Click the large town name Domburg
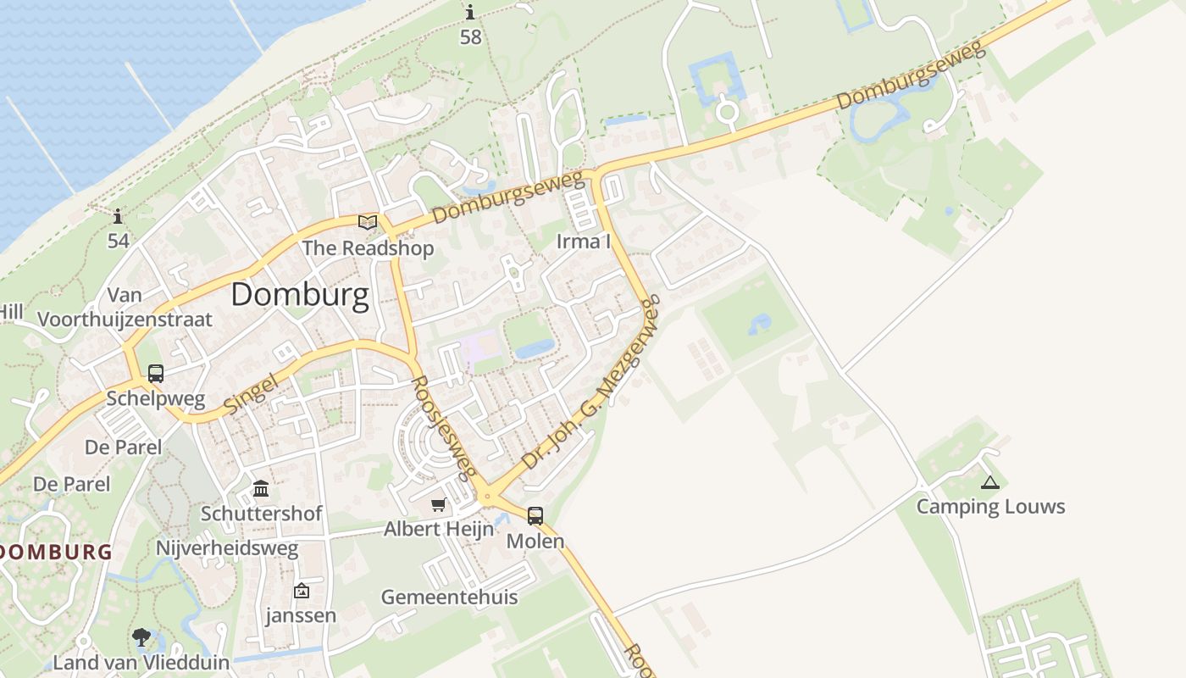[x=300, y=295]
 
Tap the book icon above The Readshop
[x=368, y=223]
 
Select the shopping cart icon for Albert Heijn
[x=438, y=505]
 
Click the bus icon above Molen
[x=535, y=515]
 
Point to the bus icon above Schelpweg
[x=156, y=373]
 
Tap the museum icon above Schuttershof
[x=261, y=489]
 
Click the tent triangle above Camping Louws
[x=989, y=483]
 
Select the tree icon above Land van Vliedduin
[x=141, y=637]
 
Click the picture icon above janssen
[x=301, y=591]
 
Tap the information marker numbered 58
[x=470, y=13]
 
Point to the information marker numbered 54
[x=118, y=217]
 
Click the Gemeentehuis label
[x=449, y=597]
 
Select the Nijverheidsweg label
[x=227, y=548]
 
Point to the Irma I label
[x=584, y=242]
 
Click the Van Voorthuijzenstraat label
[x=125, y=308]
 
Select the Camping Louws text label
[x=990, y=507]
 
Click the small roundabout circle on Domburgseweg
[x=727, y=111]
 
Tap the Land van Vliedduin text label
[x=141, y=662]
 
